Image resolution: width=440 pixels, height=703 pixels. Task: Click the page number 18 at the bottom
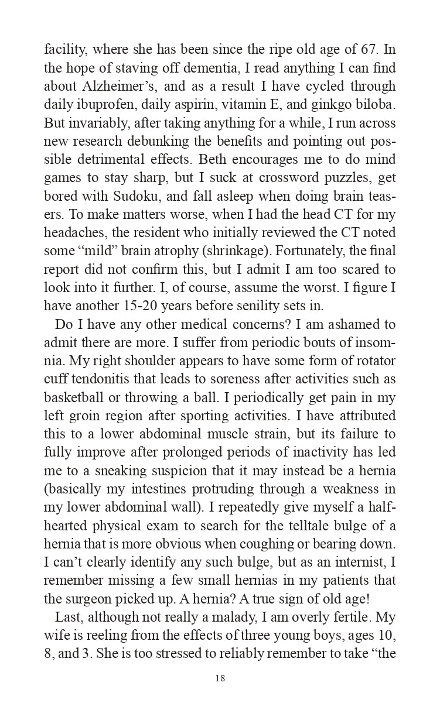point(220,678)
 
